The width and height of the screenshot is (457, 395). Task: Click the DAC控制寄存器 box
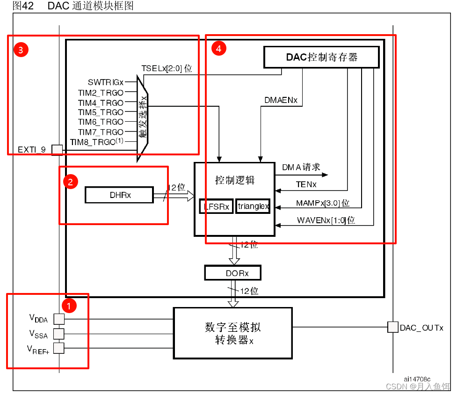322,57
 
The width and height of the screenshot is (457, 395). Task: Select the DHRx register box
119,195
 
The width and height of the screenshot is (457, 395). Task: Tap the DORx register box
232,272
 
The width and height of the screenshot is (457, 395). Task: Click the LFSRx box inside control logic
216,206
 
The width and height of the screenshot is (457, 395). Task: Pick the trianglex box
253,206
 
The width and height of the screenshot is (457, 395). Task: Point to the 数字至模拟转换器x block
232,333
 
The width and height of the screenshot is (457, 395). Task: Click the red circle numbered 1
69,307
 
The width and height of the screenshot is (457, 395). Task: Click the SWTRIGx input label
106,82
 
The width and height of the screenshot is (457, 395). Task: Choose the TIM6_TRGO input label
101,122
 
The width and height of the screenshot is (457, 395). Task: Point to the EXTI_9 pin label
32,150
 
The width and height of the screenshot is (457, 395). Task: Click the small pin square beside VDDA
59,319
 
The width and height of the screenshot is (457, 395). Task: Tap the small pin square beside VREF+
59,348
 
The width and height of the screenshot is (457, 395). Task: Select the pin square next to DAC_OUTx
393,327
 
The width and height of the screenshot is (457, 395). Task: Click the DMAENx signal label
281,100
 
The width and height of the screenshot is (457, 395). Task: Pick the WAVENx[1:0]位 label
326,220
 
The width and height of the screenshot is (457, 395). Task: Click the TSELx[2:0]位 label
167,68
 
